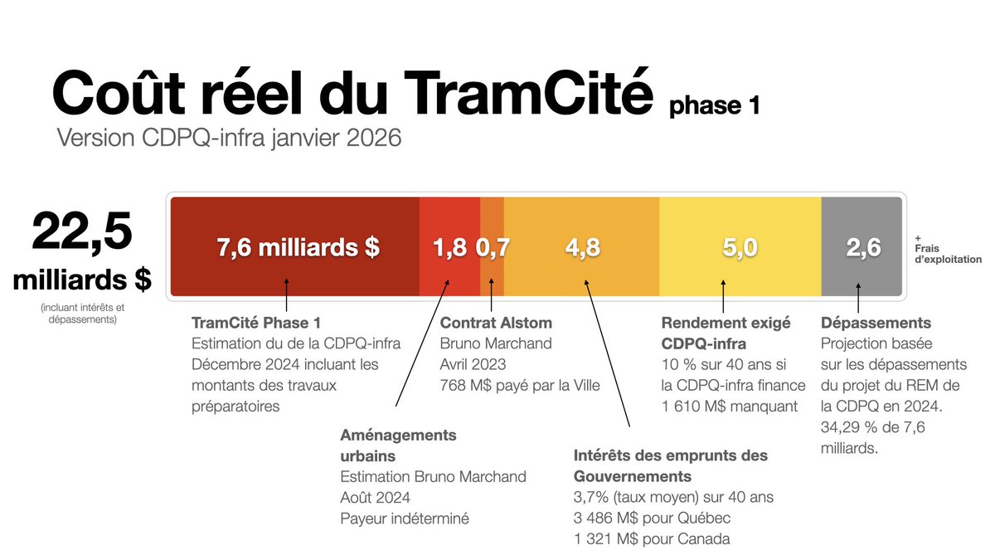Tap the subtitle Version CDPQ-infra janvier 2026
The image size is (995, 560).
click(x=229, y=138)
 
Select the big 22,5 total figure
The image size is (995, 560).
click(x=82, y=232)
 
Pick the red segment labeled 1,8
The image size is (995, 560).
click(x=449, y=247)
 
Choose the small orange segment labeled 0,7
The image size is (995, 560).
click(x=493, y=247)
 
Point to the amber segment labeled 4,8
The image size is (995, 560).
click(x=581, y=247)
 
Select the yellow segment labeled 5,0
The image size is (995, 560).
click(x=740, y=247)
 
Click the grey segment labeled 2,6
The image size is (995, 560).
click(x=862, y=247)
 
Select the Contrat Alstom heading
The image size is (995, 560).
click(x=495, y=323)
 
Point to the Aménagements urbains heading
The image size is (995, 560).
click(x=398, y=446)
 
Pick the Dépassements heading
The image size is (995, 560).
click(x=876, y=323)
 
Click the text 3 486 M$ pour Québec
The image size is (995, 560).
click(x=652, y=519)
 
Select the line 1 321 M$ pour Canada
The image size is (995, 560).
click(x=652, y=539)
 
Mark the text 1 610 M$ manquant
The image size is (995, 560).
click(x=729, y=406)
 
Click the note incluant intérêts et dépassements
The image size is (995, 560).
click(x=81, y=313)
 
